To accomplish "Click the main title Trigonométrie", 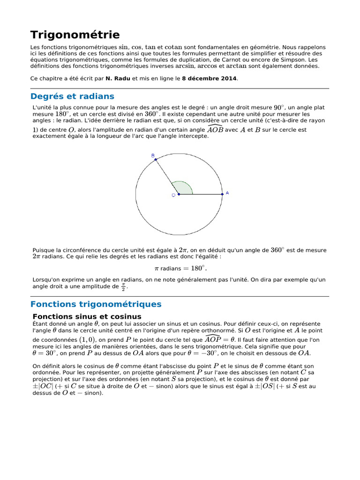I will tap(75, 35).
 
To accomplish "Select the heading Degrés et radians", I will tap(72, 97).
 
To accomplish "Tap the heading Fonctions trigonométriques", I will tap(96, 304).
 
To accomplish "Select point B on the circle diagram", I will tap(156, 160).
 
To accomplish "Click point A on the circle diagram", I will tap(222, 194).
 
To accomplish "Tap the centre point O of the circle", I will tap(178, 194).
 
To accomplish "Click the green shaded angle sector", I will tap(183, 188).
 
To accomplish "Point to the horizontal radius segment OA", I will tap(202, 194).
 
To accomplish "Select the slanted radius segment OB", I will tap(167, 177).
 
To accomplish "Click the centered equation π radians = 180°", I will tap(180, 269).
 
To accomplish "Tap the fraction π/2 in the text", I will tap(123, 286).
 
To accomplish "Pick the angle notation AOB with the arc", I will tap(215, 129).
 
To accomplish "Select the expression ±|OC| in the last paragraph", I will tap(43, 386).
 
